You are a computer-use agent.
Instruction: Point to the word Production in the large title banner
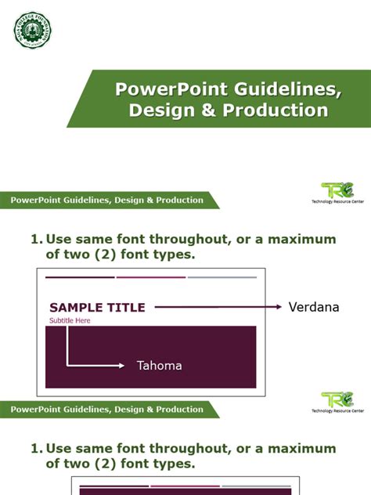point(275,110)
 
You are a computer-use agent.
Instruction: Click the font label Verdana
point(314,307)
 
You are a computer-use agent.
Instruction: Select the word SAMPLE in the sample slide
point(76,308)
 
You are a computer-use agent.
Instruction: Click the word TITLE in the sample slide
point(126,308)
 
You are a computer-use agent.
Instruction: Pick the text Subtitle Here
point(70,321)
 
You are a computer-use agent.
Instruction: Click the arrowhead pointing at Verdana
point(278,307)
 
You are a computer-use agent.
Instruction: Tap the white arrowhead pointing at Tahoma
point(121,365)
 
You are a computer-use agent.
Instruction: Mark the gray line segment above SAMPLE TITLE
point(222,277)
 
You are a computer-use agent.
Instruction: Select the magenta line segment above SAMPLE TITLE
point(151,277)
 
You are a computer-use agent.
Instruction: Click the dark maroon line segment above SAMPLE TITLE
point(80,277)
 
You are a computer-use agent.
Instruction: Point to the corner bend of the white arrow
point(67,365)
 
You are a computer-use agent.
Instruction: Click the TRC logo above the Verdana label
point(337,190)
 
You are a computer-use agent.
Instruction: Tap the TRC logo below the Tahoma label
point(337,400)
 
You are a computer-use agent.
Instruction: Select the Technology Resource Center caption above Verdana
point(337,201)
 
